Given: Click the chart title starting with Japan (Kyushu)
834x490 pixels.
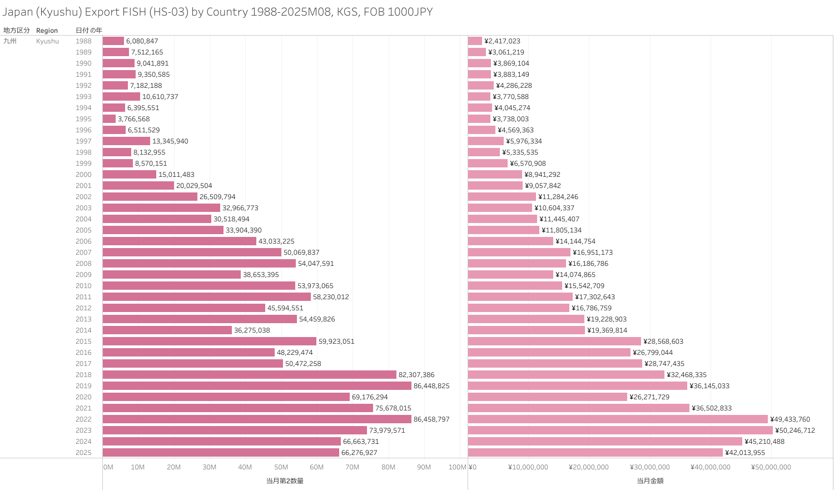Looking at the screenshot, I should [x=217, y=12].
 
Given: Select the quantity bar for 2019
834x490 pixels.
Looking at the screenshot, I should [x=257, y=386].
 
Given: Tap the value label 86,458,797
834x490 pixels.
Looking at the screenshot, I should [x=431, y=419].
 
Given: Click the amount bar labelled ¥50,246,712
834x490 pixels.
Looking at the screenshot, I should [x=620, y=430].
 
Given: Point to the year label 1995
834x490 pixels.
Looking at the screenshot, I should [x=83, y=119].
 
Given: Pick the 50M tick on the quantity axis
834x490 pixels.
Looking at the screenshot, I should [x=281, y=467].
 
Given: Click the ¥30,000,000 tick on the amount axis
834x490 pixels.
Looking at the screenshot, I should [x=649, y=467].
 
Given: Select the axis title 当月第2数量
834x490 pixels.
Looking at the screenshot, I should [x=285, y=481].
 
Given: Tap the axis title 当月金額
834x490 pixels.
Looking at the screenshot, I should [x=650, y=481].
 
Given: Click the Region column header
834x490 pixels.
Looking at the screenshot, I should [x=47, y=31].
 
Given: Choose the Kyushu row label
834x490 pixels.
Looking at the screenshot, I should [x=47, y=41].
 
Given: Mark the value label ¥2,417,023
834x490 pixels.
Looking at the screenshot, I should [x=502, y=41].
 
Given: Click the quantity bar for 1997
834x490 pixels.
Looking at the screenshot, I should [x=126, y=141].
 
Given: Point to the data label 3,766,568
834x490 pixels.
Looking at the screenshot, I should [x=133, y=119].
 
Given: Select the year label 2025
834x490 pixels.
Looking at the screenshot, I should [x=83, y=453].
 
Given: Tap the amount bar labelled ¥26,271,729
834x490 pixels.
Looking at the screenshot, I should [x=547, y=397].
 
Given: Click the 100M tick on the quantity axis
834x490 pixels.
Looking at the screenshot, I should [x=457, y=467].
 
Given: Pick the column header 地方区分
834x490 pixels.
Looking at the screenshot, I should [x=16, y=31].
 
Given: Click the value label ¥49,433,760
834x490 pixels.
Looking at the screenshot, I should [x=790, y=419].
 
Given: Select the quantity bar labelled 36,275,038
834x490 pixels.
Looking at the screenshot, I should [x=167, y=330].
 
